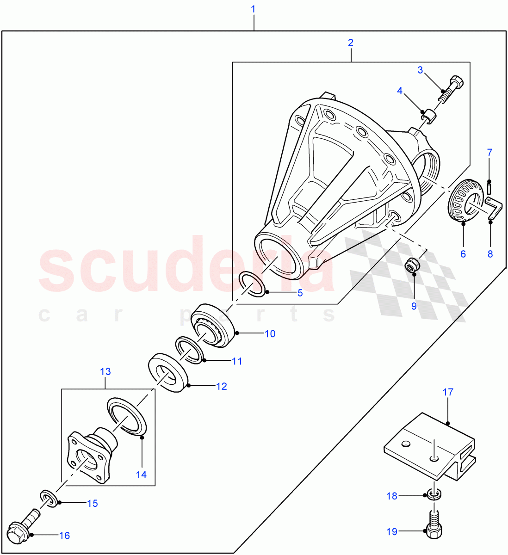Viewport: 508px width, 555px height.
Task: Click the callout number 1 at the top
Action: coord(253,9)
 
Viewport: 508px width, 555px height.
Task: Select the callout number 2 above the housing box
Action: coord(351,43)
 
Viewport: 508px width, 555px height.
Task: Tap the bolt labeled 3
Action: coord(451,89)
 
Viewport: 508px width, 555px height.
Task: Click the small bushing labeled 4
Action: coord(429,117)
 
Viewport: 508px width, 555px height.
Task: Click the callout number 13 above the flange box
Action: coord(105,371)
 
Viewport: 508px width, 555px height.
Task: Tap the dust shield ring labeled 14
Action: coord(127,416)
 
